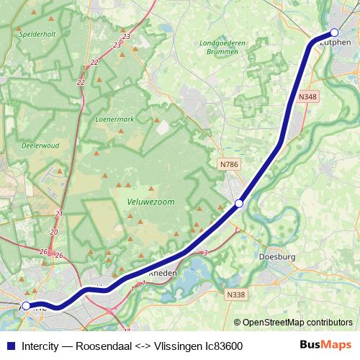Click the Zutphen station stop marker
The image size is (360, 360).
click(x=334, y=32)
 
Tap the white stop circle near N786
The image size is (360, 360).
click(x=239, y=204)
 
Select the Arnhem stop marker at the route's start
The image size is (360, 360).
click(x=26, y=306)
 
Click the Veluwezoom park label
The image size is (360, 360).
click(x=150, y=202)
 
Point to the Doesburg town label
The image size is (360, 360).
click(x=276, y=256)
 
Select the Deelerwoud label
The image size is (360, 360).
click(x=40, y=145)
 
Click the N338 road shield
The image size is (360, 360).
click(x=235, y=294)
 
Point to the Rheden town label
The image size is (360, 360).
click(x=162, y=274)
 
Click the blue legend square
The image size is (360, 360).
click(x=10, y=346)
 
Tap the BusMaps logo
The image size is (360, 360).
click(x=325, y=345)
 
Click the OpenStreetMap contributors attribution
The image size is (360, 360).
click(x=292, y=323)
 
